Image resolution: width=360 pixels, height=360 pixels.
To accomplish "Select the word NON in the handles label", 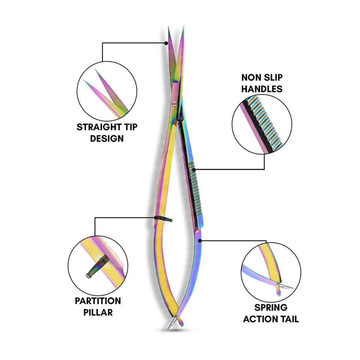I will (x=250, y=78).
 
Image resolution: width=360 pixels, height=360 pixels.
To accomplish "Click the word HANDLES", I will (x=262, y=89).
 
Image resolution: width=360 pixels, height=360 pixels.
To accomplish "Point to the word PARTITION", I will (x=97, y=301).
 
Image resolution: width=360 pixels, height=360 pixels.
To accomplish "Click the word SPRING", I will (x=271, y=308).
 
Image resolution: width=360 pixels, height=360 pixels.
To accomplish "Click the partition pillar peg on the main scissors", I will (x=165, y=219).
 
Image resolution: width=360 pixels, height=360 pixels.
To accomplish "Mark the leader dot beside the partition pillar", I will (x=155, y=217).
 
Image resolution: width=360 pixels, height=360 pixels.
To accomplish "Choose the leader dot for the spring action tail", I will (x=200, y=240).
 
